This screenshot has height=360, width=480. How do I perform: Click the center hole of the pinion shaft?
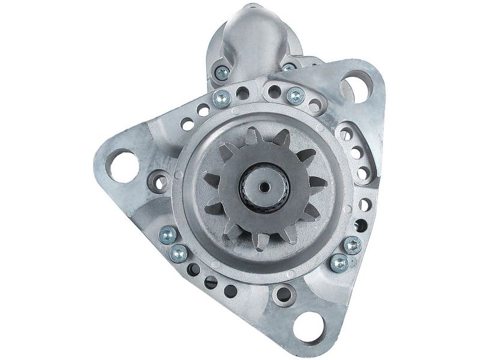pyautogui.click(x=265, y=187)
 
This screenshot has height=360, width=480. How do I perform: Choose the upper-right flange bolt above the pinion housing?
pyautogui.click(x=295, y=95)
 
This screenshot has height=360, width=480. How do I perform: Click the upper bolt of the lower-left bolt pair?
pyautogui.click(x=169, y=235)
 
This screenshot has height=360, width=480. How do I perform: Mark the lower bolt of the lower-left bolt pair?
pyautogui.click(x=178, y=254)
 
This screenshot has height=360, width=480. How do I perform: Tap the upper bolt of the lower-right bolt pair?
pyautogui.click(x=353, y=244)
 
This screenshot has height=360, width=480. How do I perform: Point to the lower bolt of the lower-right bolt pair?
pyautogui.click(x=340, y=262)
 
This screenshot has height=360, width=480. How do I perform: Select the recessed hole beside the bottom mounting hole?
pyautogui.click(x=280, y=295)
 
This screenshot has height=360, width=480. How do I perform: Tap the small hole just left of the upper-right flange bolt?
pyautogui.click(x=274, y=92)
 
